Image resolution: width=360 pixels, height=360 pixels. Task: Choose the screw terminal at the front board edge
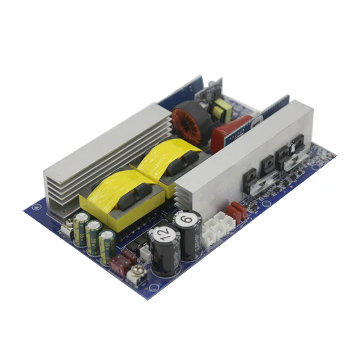[x=135, y=274]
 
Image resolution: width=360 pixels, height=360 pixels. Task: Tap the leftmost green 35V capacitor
[x=80, y=227]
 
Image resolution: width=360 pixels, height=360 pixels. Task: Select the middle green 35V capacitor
[x=93, y=236]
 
